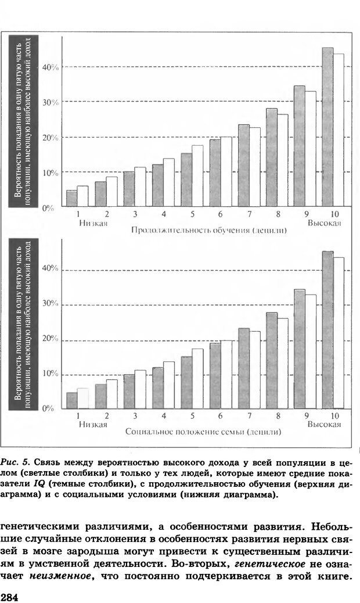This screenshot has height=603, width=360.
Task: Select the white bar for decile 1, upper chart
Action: [x=83, y=196]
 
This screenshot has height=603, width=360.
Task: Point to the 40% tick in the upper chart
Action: [x=52, y=67]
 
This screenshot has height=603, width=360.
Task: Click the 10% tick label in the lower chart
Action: [x=52, y=374]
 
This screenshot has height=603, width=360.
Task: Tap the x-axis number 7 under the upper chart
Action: [x=249, y=215]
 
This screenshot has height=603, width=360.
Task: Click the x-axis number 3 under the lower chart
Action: [x=135, y=416]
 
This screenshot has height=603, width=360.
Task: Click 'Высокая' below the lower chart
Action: [x=324, y=425]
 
